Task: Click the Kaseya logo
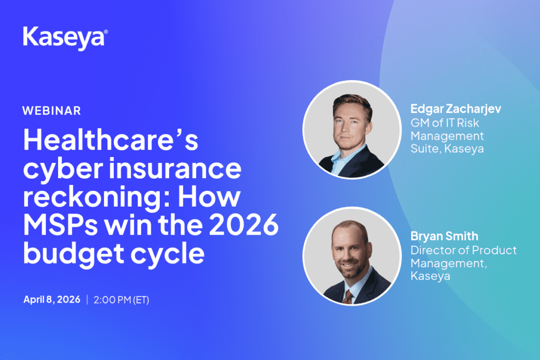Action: coord(65,38)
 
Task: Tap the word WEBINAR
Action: coord(52,111)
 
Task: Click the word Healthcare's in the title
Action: coord(111,140)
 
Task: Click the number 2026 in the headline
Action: coord(244,225)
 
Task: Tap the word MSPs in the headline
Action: coord(61,225)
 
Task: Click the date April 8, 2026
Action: coord(52,299)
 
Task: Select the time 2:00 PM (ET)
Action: coord(121,300)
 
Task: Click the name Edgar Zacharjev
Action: coord(456,109)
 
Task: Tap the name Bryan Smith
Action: coord(444,236)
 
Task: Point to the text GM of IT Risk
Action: coord(445,123)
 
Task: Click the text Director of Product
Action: coord(464,250)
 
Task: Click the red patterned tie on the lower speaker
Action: coord(348,297)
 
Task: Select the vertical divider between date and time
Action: coord(87,299)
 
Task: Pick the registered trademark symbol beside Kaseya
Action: coord(105,32)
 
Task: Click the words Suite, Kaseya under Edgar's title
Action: coord(447,149)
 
